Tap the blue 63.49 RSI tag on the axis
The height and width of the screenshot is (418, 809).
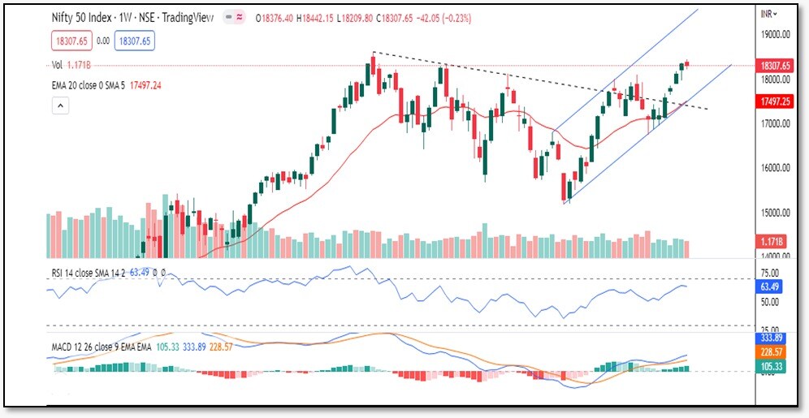768,287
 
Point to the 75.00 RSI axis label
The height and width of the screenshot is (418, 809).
770,274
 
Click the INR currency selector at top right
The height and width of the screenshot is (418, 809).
768,14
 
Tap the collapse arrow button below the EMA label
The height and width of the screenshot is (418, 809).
59,105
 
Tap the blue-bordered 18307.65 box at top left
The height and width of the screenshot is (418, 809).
136,40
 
